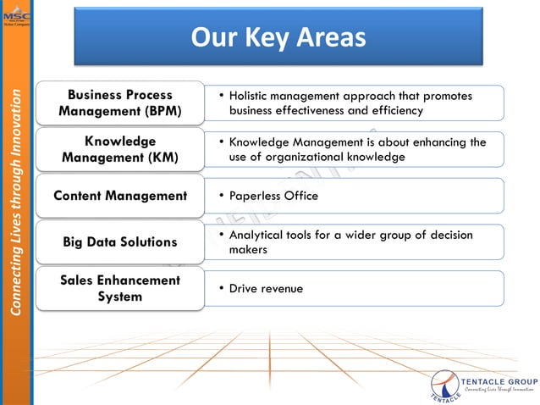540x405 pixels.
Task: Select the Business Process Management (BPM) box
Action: point(120,103)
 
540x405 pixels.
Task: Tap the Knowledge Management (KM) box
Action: point(120,149)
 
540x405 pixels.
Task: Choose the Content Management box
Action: point(120,196)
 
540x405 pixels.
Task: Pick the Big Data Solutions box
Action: point(120,242)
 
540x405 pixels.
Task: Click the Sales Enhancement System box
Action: point(120,288)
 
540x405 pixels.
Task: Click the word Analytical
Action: point(257,235)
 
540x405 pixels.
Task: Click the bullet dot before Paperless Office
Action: point(221,196)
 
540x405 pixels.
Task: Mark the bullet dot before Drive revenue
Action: point(221,289)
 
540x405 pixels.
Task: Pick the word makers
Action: point(247,251)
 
